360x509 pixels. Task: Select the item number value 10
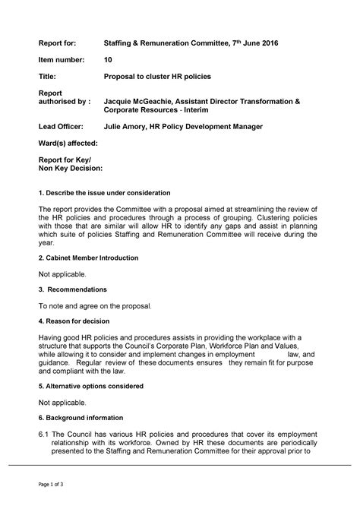point(108,61)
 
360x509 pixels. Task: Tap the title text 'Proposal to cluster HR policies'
point(157,77)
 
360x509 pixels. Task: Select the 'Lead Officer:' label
point(62,126)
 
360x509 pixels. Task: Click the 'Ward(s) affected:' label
point(68,143)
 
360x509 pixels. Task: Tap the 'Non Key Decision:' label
point(70,168)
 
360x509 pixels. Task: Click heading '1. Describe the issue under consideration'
point(104,193)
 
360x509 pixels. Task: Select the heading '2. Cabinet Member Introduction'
point(88,258)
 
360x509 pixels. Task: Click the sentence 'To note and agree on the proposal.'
point(96,305)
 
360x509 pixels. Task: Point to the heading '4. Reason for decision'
point(78,321)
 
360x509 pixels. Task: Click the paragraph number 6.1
point(43,434)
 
